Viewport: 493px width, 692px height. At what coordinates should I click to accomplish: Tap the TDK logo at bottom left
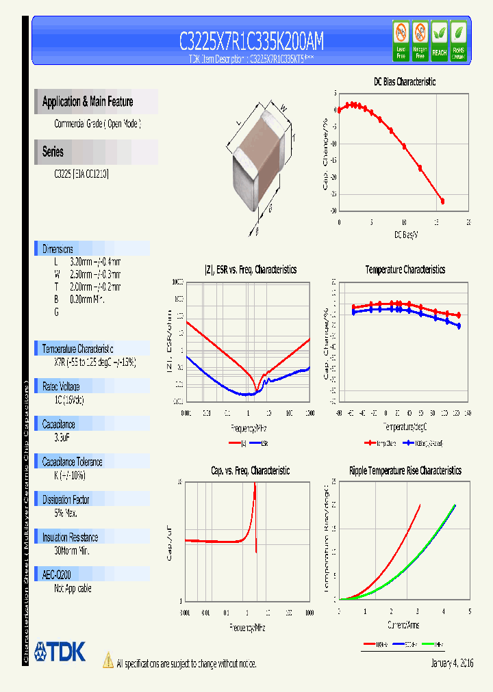(x=60, y=652)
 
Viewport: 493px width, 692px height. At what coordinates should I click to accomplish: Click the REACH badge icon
(x=439, y=40)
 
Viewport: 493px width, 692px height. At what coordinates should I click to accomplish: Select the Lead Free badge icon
(x=401, y=40)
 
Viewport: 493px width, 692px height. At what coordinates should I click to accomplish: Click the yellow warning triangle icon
(x=108, y=660)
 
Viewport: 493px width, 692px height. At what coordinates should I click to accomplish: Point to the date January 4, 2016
(x=452, y=663)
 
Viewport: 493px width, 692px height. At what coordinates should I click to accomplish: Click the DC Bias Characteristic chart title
(x=404, y=81)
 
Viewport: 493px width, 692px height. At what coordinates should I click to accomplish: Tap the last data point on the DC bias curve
(x=442, y=201)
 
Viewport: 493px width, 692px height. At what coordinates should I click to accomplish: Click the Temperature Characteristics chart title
(x=405, y=270)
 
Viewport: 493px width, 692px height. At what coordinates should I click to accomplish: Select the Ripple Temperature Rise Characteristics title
(x=405, y=470)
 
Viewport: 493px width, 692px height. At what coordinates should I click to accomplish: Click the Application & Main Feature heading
(x=88, y=102)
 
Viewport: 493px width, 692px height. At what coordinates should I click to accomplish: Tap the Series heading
(x=53, y=152)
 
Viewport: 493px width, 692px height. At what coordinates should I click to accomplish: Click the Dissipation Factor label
(x=66, y=500)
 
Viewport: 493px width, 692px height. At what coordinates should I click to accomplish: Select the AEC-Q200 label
(x=56, y=575)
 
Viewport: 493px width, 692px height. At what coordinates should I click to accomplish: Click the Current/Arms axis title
(x=404, y=625)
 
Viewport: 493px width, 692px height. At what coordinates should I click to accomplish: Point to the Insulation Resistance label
(x=70, y=537)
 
